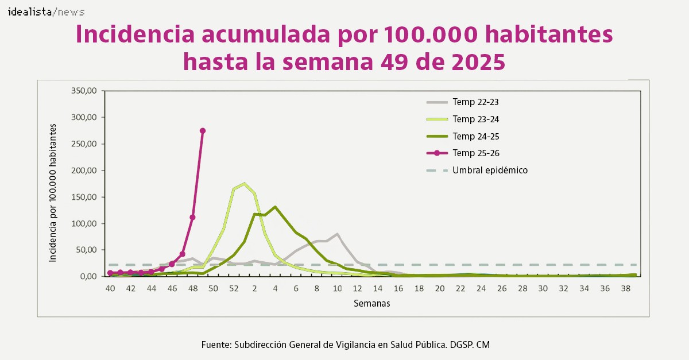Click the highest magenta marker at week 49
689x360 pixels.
pyautogui.click(x=203, y=131)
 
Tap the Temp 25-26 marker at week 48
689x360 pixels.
pyautogui.click(x=192, y=218)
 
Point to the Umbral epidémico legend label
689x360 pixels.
pyautogui.click(x=490, y=171)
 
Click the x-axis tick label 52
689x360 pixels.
pyautogui.click(x=234, y=288)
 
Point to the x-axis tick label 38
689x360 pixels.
pyautogui.click(x=625, y=288)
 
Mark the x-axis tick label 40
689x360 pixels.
pyautogui.click(x=110, y=288)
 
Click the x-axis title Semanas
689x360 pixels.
pyautogui.click(x=371, y=303)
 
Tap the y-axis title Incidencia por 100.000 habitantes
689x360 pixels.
pyautogui.click(x=53, y=192)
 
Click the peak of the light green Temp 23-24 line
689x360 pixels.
pyautogui.click(x=244, y=184)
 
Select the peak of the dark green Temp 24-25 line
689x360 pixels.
pyautogui.click(x=275, y=207)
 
